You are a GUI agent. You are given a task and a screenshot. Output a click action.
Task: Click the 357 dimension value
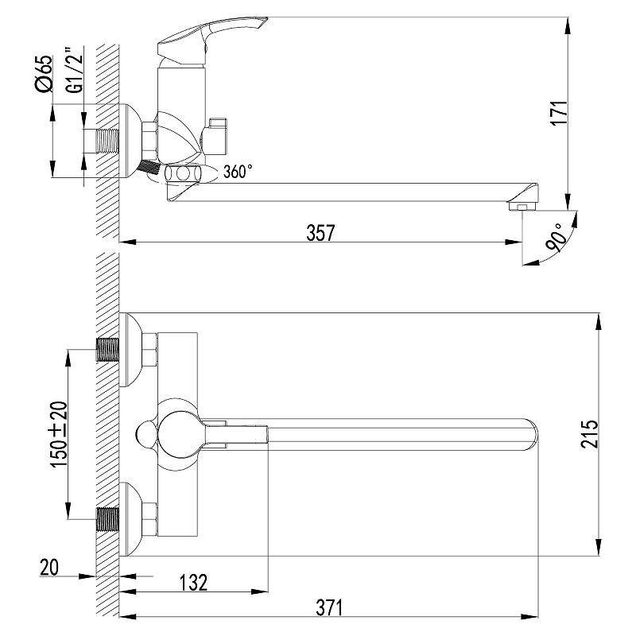pyautogui.click(x=320, y=233)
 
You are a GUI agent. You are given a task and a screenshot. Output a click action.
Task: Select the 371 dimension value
pyautogui.click(x=329, y=607)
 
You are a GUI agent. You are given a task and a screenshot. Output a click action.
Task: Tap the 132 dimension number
pyautogui.click(x=193, y=583)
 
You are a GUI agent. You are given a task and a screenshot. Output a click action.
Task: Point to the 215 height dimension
pyautogui.click(x=589, y=434)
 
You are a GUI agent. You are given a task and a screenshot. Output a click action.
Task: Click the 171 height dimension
pyautogui.click(x=560, y=113)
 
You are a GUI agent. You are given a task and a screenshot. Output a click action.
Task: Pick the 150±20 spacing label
pyautogui.click(x=59, y=434)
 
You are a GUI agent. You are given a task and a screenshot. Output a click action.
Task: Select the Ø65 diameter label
pyautogui.click(x=45, y=73)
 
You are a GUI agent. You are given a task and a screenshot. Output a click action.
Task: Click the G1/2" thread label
pyautogui.click(x=74, y=71)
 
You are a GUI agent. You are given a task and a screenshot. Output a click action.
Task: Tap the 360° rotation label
pyautogui.click(x=238, y=172)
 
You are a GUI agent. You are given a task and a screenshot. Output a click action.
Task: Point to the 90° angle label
pyautogui.click(x=556, y=238)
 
